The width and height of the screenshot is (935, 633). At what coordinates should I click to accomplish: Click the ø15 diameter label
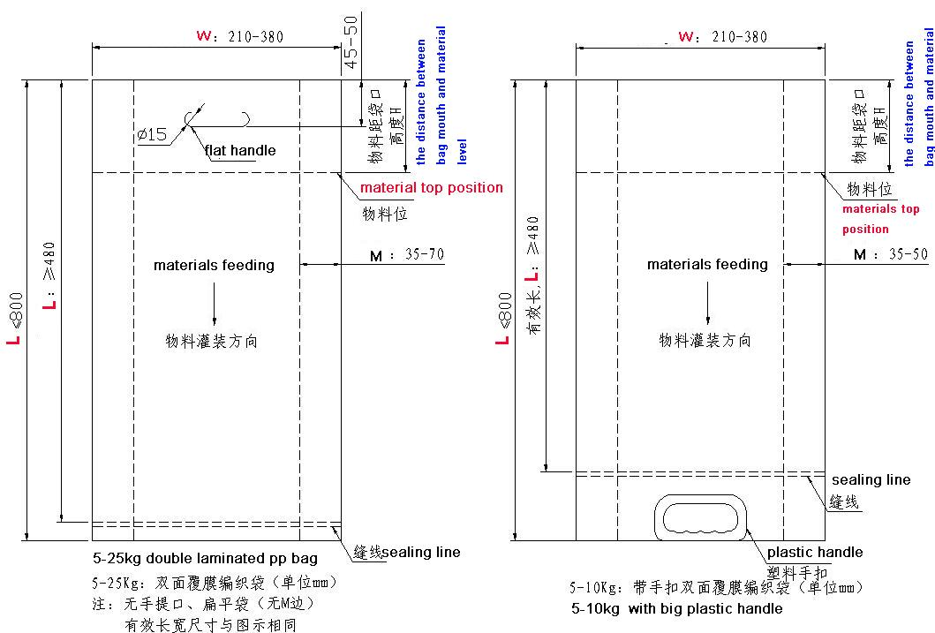coord(152,134)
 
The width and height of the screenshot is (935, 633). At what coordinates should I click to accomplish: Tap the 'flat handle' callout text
coord(240,151)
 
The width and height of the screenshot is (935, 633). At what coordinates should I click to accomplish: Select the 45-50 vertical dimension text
coord(351,41)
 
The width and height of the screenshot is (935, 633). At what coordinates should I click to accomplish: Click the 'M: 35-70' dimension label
coord(407,255)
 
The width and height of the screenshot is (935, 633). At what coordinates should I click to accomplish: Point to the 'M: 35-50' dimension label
coord(891,254)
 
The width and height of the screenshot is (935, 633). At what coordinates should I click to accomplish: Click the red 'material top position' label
coord(432,188)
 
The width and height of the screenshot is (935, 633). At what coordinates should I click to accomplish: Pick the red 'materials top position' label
coord(881,219)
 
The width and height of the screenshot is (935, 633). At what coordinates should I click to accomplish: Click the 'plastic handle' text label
coord(815,552)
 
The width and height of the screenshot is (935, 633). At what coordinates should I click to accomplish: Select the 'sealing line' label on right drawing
coord(871,479)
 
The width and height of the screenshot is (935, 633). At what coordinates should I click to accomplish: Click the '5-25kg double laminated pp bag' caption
coord(205,559)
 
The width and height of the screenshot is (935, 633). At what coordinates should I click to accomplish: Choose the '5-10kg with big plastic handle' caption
coord(677,608)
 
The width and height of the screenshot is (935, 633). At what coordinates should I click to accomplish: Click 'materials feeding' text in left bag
coord(214,265)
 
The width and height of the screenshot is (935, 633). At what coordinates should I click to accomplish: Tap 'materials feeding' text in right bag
coord(707,264)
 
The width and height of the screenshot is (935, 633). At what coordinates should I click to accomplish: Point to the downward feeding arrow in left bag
coord(214,304)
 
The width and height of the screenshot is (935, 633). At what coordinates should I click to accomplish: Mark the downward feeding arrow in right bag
coord(708,303)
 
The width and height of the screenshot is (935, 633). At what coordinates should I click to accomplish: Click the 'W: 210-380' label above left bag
coord(240,36)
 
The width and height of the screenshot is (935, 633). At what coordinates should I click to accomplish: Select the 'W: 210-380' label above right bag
coord(723,36)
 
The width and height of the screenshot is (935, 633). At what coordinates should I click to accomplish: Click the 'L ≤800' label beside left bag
coord(15,318)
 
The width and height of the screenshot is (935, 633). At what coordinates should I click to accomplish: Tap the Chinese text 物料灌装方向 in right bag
coord(705,341)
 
